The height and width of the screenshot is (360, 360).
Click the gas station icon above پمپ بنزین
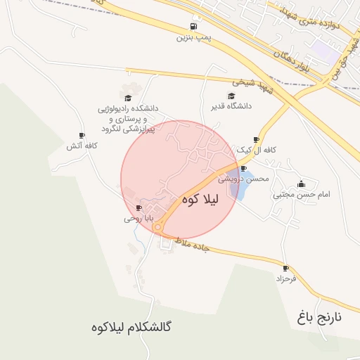coord(193,27)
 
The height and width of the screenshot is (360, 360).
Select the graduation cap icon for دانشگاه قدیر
coord(231,96)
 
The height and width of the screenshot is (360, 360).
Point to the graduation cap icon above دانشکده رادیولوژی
coord(128,98)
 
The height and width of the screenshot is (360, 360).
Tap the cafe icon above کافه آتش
coord(82,136)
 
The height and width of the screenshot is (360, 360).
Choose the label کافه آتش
coord(82,146)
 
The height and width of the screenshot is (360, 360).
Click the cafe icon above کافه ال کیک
coord(256,140)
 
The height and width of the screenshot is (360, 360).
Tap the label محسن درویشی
coord(243,179)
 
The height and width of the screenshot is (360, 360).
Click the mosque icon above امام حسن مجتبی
coord(302,184)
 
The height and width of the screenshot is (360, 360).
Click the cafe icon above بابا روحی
coord(139,208)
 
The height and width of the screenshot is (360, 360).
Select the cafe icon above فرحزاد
coord(285,268)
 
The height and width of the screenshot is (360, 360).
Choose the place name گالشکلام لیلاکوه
coord(132,328)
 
